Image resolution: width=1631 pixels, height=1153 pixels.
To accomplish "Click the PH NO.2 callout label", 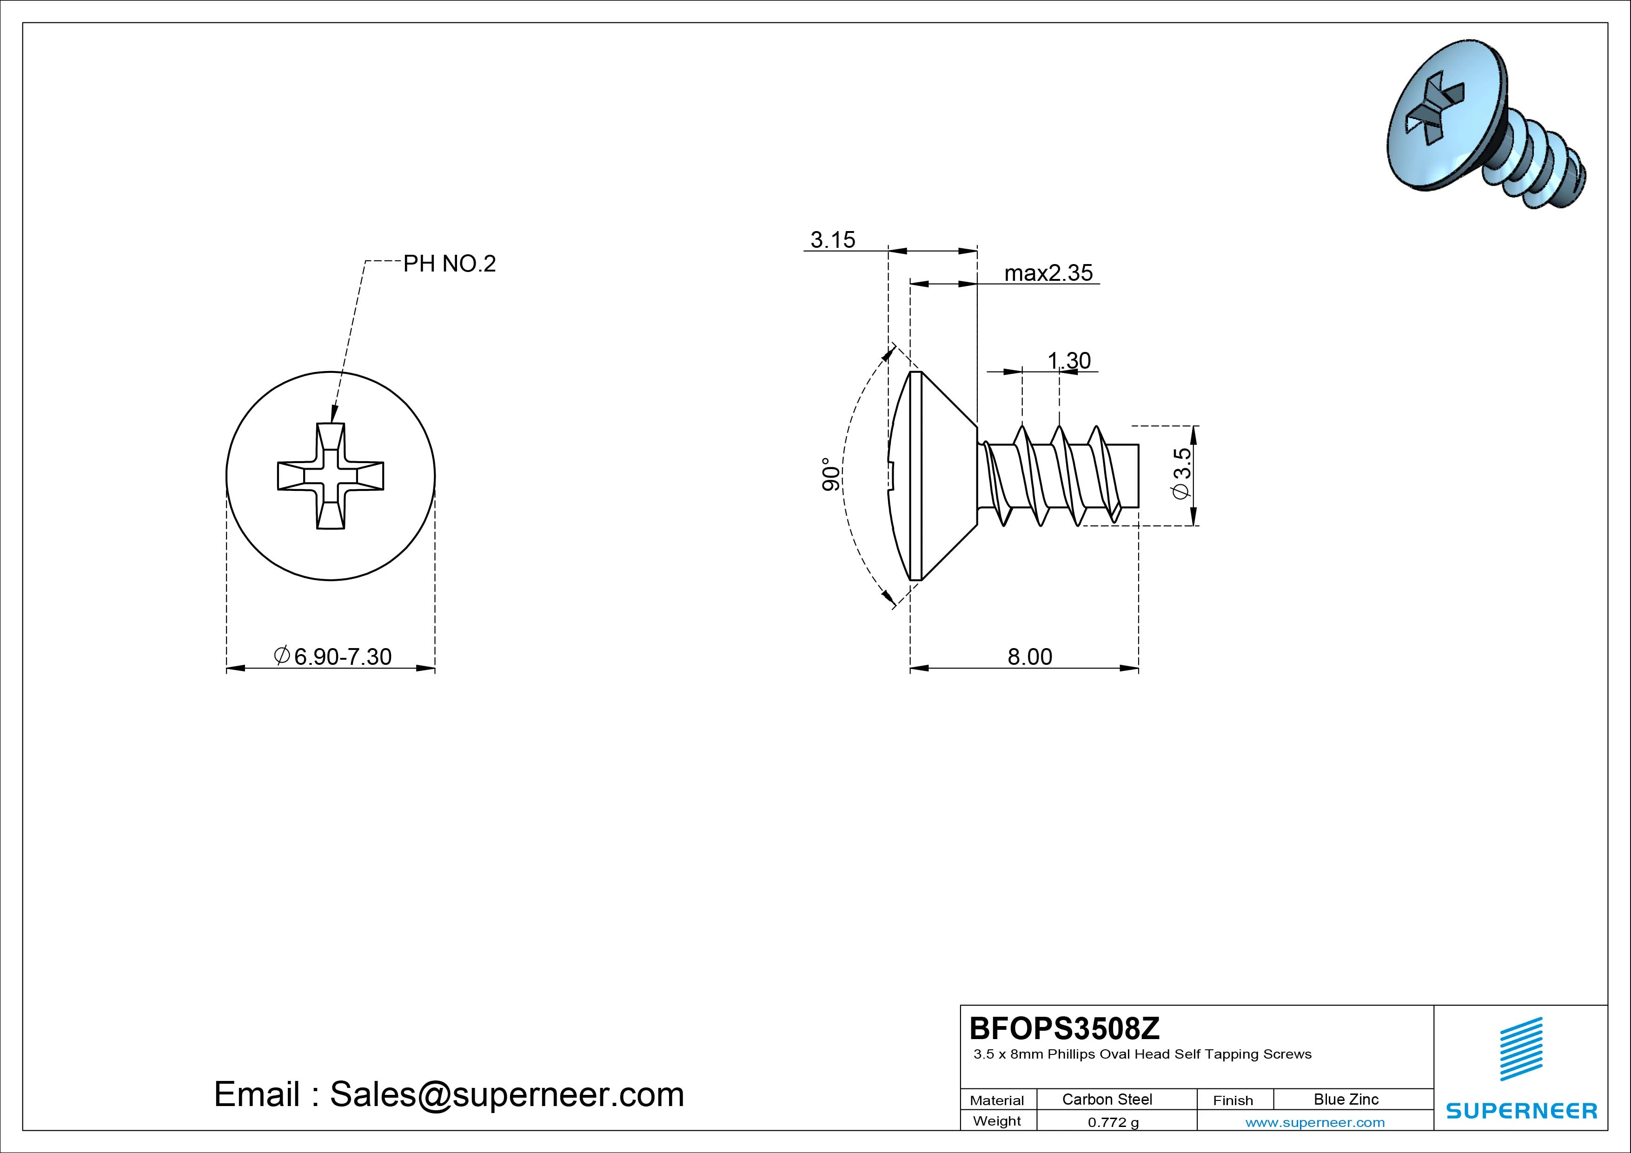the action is pyautogui.click(x=449, y=264).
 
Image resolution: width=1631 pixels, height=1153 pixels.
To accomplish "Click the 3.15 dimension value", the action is pyautogui.click(x=833, y=240).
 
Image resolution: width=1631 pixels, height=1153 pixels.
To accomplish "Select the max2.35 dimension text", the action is pyautogui.click(x=1048, y=273).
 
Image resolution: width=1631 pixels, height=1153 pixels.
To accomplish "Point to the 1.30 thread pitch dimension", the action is pyautogui.click(x=1069, y=361).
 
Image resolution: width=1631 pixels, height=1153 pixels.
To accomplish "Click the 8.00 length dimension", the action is pyautogui.click(x=1030, y=656).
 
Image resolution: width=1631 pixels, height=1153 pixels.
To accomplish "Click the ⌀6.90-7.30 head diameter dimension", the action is pyautogui.click(x=332, y=656).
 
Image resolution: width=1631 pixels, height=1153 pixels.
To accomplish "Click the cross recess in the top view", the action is pyautogui.click(x=330, y=476).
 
